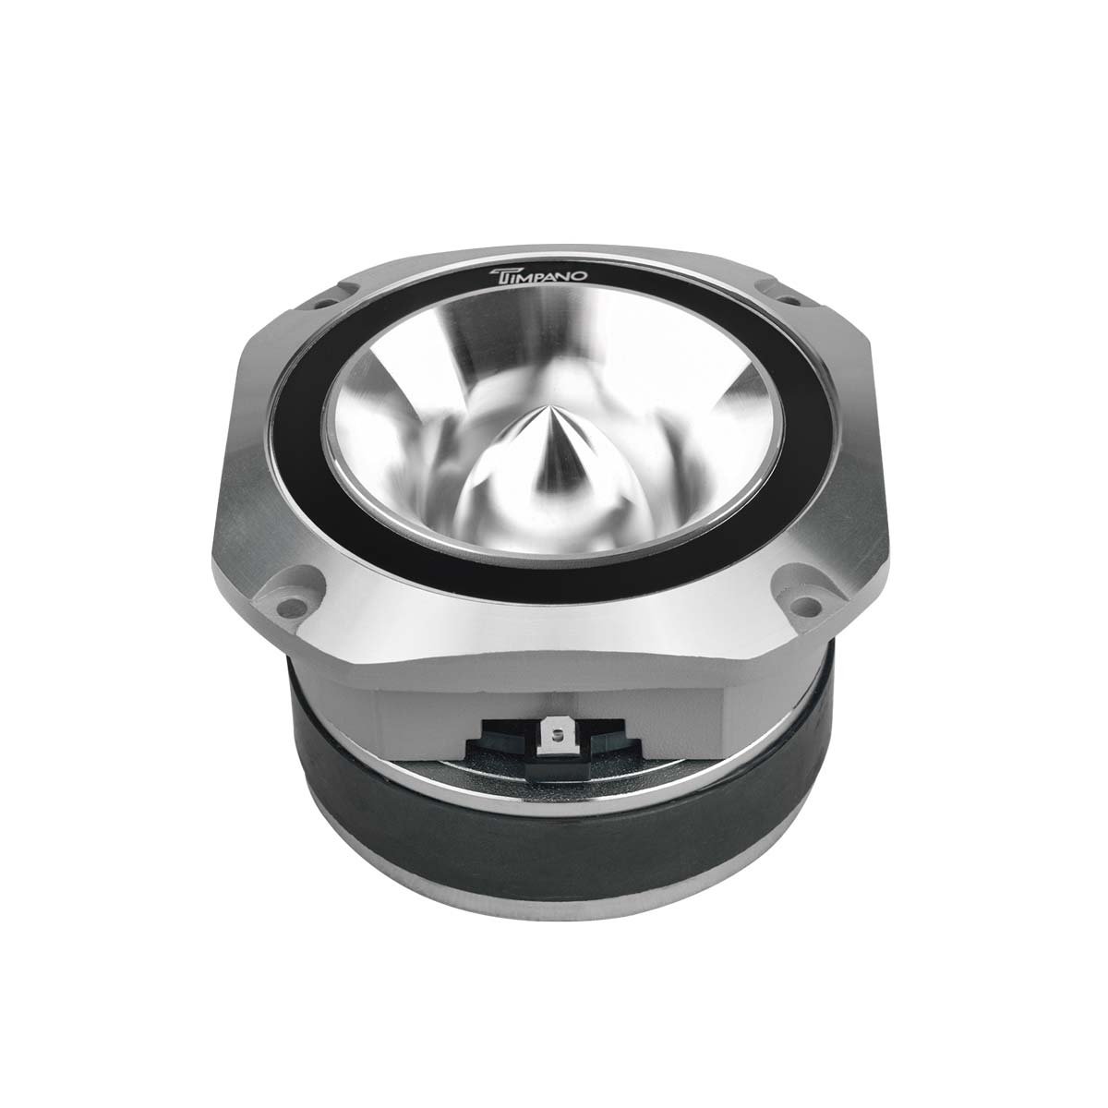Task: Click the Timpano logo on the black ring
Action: click(x=537, y=274)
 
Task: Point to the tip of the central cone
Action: click(x=542, y=407)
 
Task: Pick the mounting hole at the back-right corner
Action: click(x=789, y=299)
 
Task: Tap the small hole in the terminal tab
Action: click(x=554, y=733)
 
